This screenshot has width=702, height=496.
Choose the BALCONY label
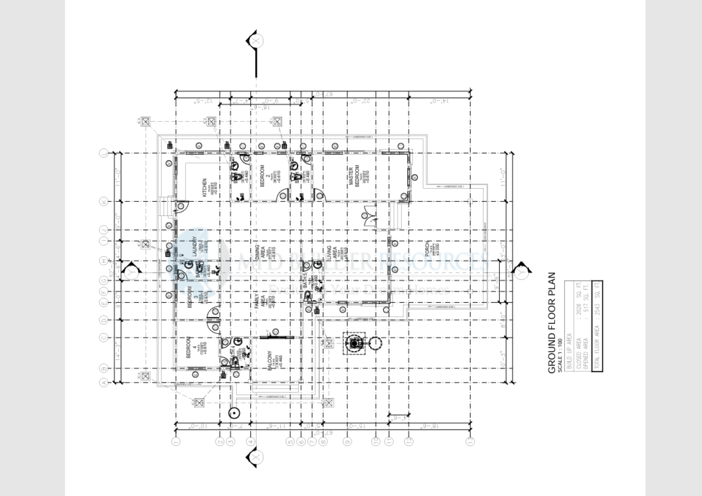pos(270,360)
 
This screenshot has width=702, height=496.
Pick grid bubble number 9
pos(347,441)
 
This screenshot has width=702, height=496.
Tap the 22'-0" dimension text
pos(362,101)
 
